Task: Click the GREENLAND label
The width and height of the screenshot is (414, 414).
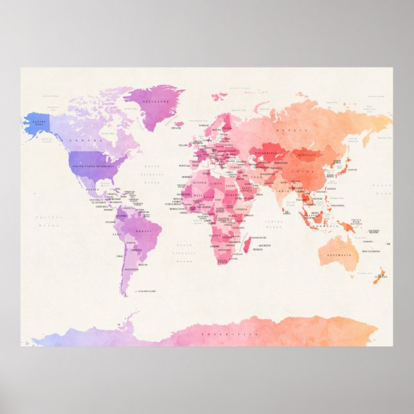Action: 154,102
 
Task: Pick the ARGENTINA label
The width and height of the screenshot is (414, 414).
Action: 131,269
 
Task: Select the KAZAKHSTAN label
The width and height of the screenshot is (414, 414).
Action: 264,153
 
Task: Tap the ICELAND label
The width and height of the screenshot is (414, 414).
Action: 175,127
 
